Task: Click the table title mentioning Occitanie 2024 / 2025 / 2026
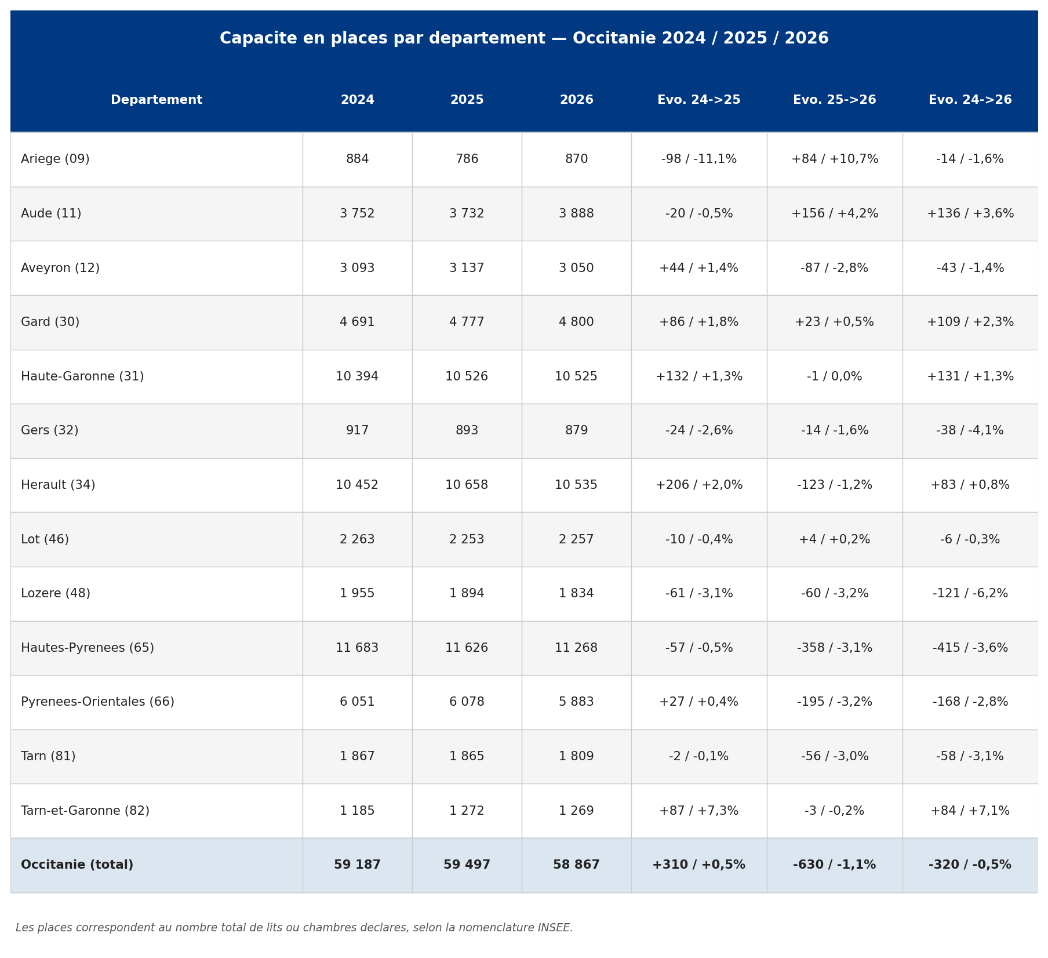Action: (524, 39)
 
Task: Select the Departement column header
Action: (157, 100)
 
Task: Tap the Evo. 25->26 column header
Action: (834, 100)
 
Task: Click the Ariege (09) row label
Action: (55, 159)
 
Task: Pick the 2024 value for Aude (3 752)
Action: (357, 214)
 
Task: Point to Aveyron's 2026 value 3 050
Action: (576, 268)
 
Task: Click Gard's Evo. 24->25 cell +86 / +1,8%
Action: (698, 322)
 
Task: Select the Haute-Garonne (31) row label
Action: (82, 377)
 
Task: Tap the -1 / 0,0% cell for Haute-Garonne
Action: (834, 377)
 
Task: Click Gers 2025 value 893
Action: (467, 431)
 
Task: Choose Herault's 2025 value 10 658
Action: (467, 485)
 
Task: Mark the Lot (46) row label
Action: (45, 540)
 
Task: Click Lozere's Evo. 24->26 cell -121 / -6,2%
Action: (970, 594)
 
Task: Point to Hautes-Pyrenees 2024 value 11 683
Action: (357, 648)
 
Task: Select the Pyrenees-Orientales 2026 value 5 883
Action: (576, 702)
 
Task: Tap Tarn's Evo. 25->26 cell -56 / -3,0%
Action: (834, 757)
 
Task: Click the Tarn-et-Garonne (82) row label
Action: (85, 811)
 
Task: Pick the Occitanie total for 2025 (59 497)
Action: (467, 865)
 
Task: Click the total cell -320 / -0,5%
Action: (970, 865)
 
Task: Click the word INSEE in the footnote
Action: (554, 928)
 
